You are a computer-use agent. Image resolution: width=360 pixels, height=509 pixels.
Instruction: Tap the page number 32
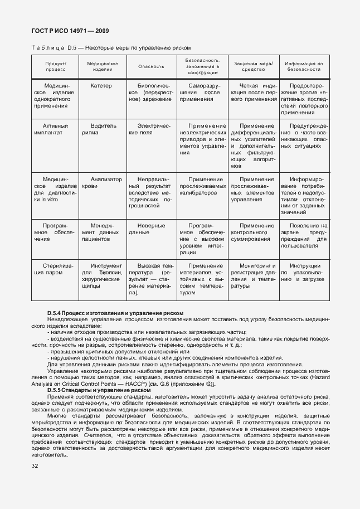tap(35, 464)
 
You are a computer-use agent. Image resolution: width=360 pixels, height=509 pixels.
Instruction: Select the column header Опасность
tap(151, 66)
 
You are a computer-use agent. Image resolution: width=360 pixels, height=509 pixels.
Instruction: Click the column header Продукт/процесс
tap(56, 66)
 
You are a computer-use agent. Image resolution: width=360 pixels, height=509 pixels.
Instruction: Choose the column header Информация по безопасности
tap(304, 66)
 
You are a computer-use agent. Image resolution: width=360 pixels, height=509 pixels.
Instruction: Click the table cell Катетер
tap(101, 86)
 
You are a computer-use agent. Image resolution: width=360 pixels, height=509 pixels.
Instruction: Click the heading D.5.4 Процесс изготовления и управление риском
tap(115, 313)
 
